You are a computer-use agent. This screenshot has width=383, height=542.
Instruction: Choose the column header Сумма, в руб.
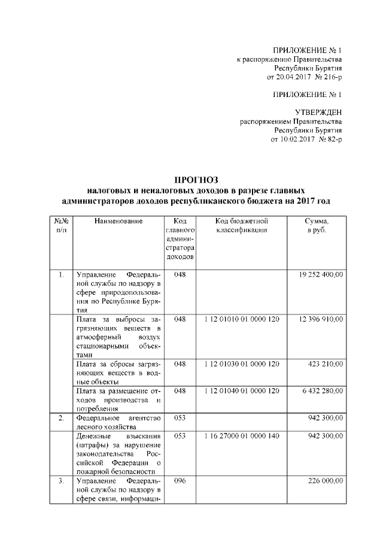(317, 226)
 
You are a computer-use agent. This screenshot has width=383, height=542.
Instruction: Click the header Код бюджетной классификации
(241, 226)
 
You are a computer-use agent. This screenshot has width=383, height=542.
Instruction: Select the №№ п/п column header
(61, 226)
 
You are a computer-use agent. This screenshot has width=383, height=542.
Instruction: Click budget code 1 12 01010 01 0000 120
(241, 320)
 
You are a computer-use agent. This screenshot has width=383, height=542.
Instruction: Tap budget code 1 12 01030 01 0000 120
(241, 364)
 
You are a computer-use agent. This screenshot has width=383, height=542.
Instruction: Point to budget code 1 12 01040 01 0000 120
(241, 390)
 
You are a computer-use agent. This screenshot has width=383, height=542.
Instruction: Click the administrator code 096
(180, 480)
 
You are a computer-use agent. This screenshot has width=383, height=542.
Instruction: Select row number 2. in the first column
(61, 417)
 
